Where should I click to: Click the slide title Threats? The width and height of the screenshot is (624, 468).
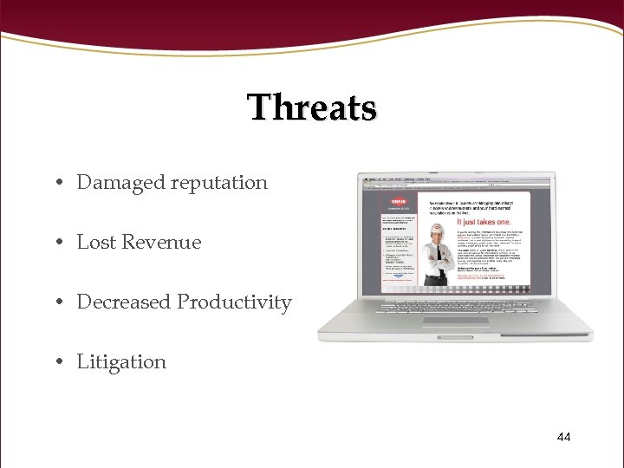312,108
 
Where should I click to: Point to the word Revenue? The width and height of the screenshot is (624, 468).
161,243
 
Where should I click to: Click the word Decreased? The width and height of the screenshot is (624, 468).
124,302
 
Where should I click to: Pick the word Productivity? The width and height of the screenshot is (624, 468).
234,302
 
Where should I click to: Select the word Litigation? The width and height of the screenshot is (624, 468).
121,362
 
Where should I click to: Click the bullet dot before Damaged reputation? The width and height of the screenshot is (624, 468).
55,184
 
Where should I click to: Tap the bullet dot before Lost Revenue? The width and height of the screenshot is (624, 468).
55,244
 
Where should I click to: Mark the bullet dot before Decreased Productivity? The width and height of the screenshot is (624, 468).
55,303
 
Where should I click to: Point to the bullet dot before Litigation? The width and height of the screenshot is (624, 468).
55,363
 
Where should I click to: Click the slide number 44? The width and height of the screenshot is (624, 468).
563,437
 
